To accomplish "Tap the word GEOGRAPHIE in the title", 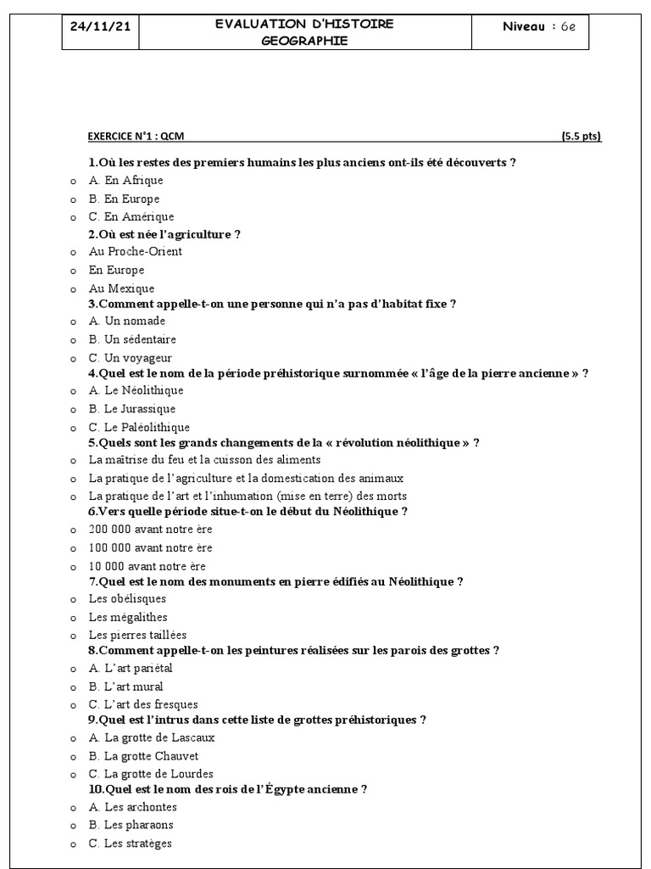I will [x=304, y=41].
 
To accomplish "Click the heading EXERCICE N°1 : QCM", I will [x=136, y=136].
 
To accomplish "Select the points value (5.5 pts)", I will [x=581, y=136].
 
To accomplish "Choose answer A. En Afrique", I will [x=125, y=181].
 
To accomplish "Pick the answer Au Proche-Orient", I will [x=135, y=252].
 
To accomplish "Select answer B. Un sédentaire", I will [x=132, y=340].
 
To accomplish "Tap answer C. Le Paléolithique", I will [x=139, y=428].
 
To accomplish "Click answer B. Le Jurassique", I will [x=132, y=409].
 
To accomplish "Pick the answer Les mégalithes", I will [x=128, y=618].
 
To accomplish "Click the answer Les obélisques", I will [x=127, y=599].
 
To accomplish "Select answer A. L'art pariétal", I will [x=131, y=669].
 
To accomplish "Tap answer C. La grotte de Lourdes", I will [x=151, y=774].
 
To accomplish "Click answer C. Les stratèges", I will [x=130, y=844].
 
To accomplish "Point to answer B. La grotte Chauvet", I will [x=143, y=756].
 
